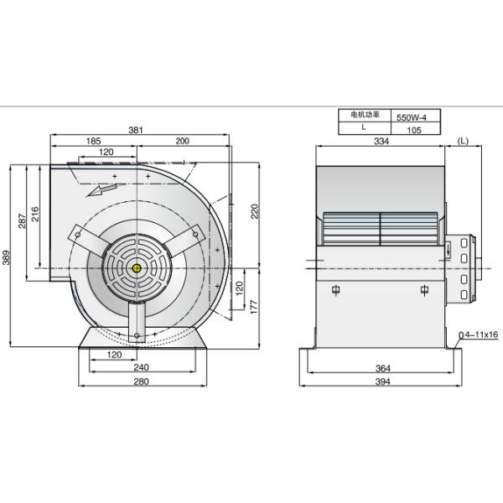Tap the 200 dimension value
click(182, 142)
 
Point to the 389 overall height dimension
click(8, 256)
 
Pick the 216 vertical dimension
click(35, 212)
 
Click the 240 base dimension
click(140, 368)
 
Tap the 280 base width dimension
click(140, 382)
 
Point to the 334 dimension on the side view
click(381, 142)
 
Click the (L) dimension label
click(464, 142)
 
